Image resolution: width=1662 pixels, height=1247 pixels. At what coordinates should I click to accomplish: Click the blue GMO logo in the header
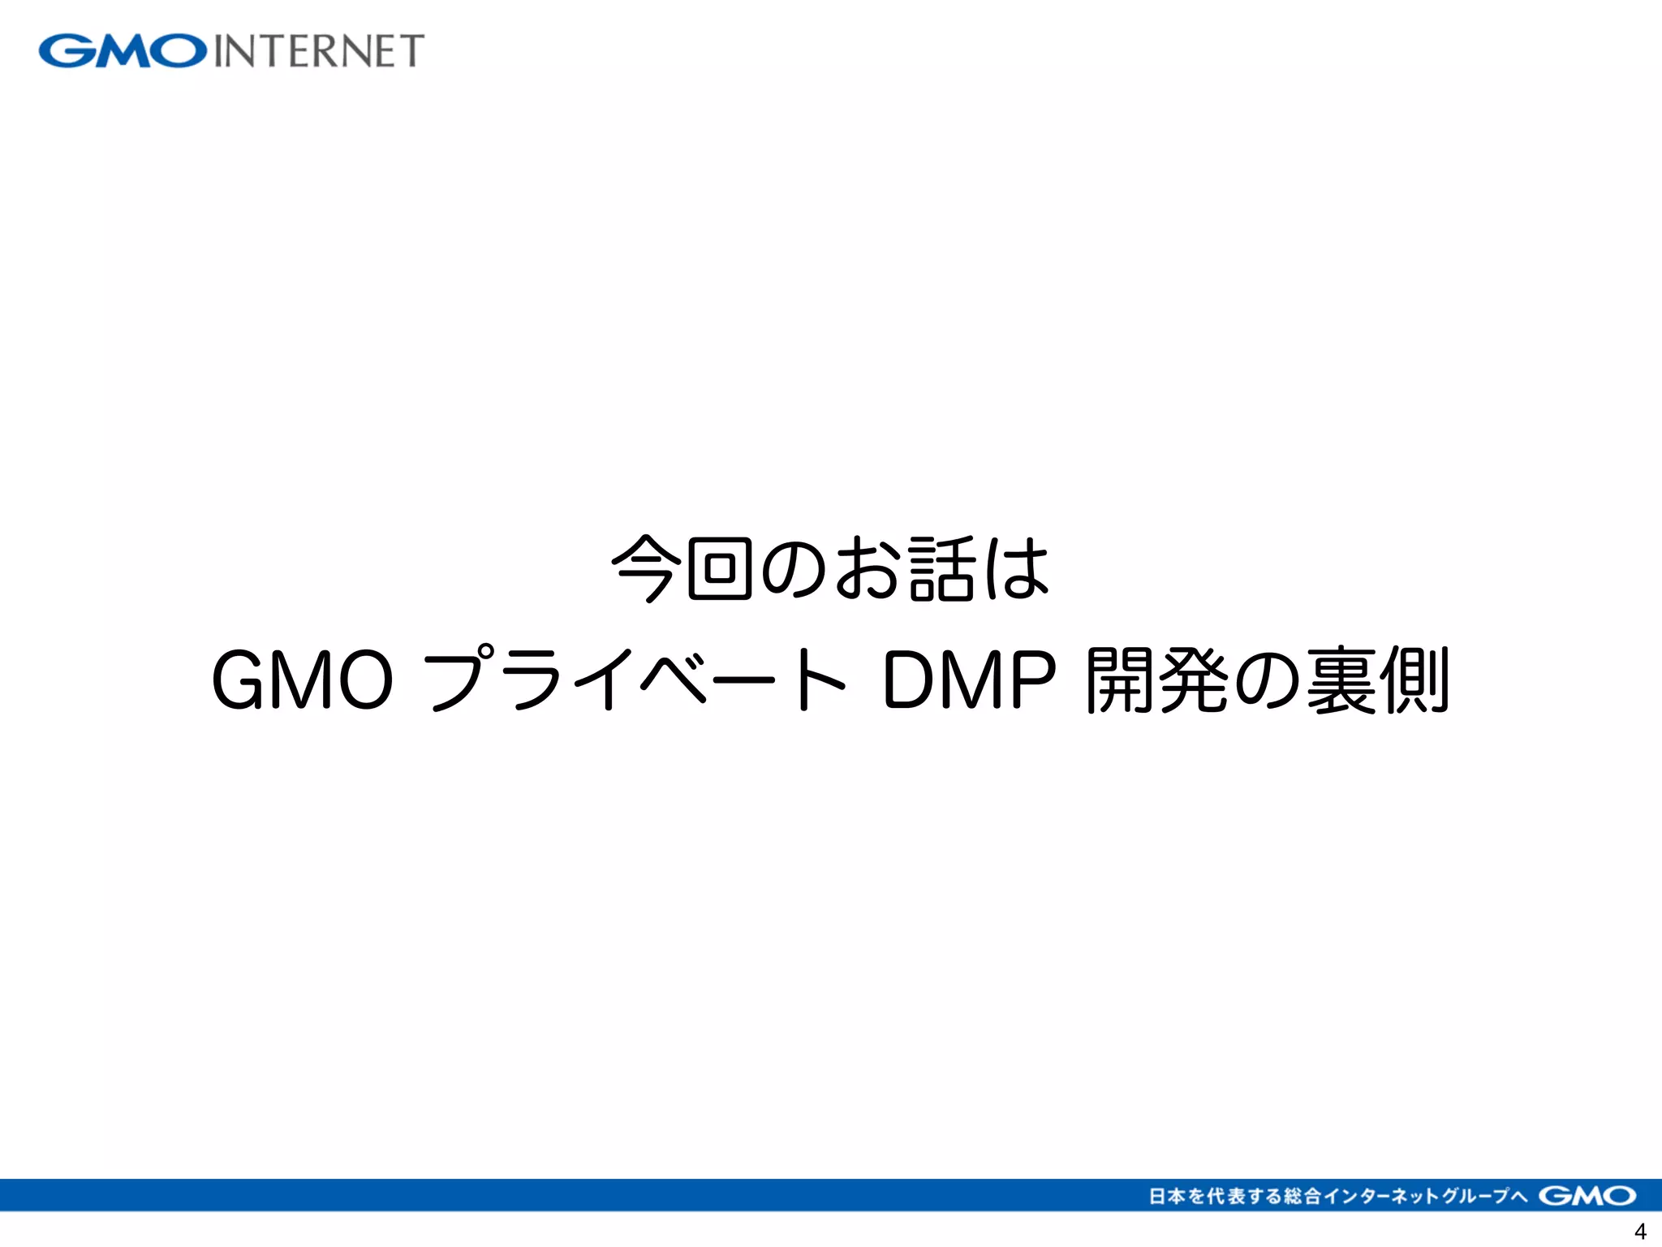click(x=123, y=51)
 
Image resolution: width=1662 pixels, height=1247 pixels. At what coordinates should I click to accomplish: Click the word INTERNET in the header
click(x=319, y=51)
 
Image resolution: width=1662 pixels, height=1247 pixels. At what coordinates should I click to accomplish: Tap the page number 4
click(x=1639, y=1231)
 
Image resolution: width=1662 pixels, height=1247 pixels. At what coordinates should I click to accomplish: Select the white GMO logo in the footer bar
click(x=1587, y=1196)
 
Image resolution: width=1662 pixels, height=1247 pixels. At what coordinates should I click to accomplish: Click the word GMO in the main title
click(x=302, y=680)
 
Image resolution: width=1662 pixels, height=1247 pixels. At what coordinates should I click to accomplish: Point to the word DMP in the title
click(x=969, y=680)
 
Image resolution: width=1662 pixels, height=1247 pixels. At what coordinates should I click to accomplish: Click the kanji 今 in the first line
click(x=644, y=568)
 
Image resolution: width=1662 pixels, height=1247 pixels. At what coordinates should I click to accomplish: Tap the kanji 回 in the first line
click(x=719, y=568)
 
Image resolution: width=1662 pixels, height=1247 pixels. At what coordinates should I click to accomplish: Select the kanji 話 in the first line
click(x=941, y=568)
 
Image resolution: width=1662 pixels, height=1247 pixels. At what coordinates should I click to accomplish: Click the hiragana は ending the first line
click(x=1017, y=568)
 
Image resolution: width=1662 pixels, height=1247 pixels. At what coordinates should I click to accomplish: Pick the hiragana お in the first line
click(x=868, y=568)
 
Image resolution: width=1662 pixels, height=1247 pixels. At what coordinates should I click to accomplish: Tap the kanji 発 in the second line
click(x=1195, y=680)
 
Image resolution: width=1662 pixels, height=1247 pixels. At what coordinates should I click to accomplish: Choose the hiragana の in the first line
click(x=794, y=568)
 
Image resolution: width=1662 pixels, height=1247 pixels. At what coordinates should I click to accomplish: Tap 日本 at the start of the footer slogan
click(x=1167, y=1196)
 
